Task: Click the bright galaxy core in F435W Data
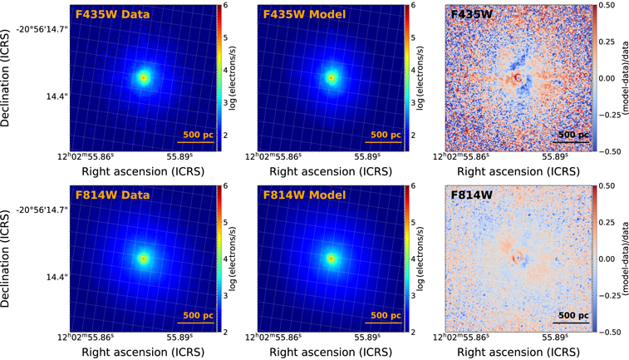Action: click(143, 77)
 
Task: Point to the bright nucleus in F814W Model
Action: click(332, 259)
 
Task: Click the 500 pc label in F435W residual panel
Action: click(574, 134)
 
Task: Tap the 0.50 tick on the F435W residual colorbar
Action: click(609, 6)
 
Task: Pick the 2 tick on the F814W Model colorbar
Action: click(413, 332)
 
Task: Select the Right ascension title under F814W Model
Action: click(330, 353)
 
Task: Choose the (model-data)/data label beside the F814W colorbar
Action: click(624, 259)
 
